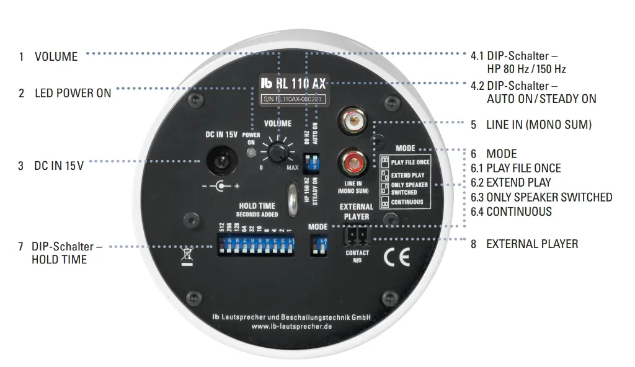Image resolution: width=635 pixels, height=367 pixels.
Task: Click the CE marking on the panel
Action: click(x=395, y=257)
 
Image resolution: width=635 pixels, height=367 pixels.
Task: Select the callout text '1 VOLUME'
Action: click(x=48, y=56)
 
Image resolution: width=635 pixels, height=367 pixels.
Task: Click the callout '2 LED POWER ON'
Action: click(x=65, y=93)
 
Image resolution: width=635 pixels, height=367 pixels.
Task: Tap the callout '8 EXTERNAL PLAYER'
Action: click(x=524, y=244)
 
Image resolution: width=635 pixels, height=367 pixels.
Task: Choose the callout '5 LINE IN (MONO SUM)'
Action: click(x=531, y=125)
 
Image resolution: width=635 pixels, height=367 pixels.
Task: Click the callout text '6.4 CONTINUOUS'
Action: click(x=511, y=211)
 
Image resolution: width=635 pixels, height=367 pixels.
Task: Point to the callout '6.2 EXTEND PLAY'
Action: click(x=510, y=183)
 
